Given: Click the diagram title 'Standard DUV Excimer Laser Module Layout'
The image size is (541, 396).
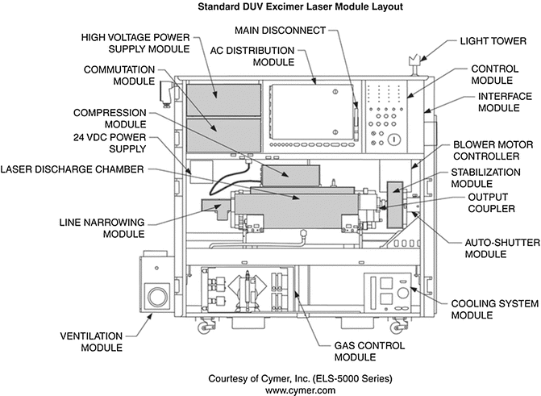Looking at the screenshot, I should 270,7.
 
